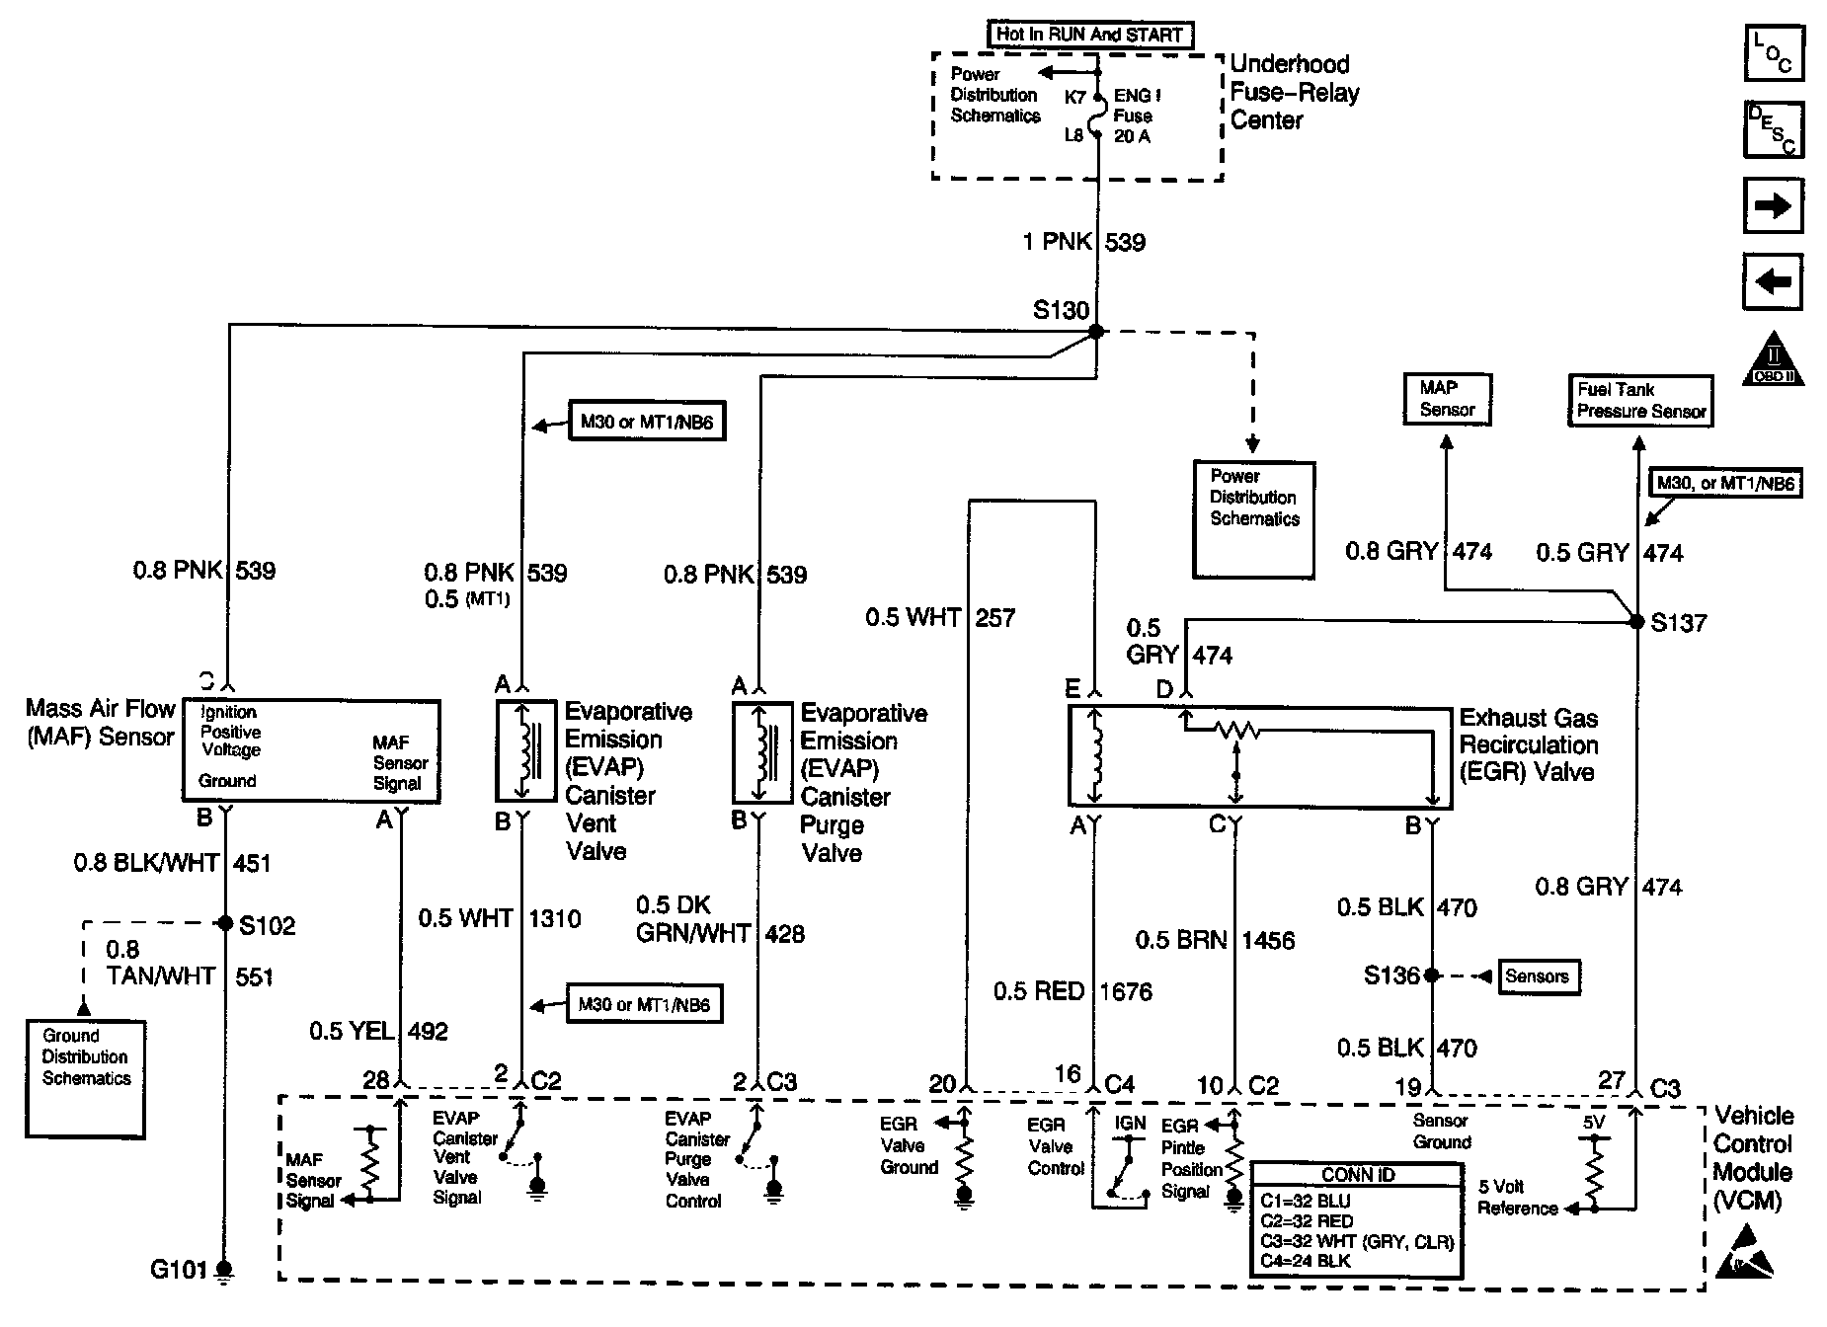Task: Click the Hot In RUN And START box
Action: [x=1089, y=35]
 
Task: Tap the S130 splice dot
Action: [x=1095, y=333]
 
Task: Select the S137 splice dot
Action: [x=1636, y=622]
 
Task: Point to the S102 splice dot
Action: [x=225, y=924]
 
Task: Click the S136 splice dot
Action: [x=1431, y=976]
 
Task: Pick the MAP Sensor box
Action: [x=1447, y=399]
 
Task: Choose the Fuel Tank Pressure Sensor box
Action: [x=1640, y=401]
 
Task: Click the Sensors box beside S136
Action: [x=1537, y=976]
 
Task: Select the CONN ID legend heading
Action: [x=1357, y=1175]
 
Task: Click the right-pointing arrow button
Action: [x=1773, y=205]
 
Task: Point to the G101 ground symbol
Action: [x=225, y=1270]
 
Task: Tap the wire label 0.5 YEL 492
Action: [x=378, y=1032]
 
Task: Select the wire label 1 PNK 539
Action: [x=1083, y=242]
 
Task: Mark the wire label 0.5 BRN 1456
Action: [x=1215, y=940]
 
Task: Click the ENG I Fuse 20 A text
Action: [x=1136, y=117]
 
